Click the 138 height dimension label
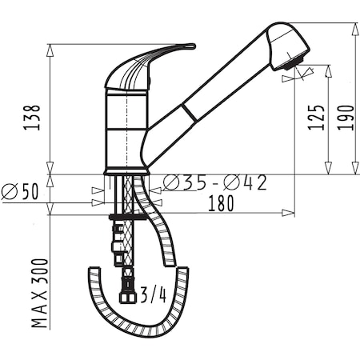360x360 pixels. (32, 118)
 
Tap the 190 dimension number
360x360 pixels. (346, 118)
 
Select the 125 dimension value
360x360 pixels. (317, 118)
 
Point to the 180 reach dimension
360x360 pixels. (221, 203)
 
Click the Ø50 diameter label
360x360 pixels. (20, 191)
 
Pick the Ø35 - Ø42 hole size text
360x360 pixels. (214, 183)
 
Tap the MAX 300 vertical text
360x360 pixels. (40, 293)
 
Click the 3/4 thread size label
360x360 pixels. (153, 295)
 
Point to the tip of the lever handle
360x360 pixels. (194, 46)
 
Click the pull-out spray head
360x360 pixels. (288, 46)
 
